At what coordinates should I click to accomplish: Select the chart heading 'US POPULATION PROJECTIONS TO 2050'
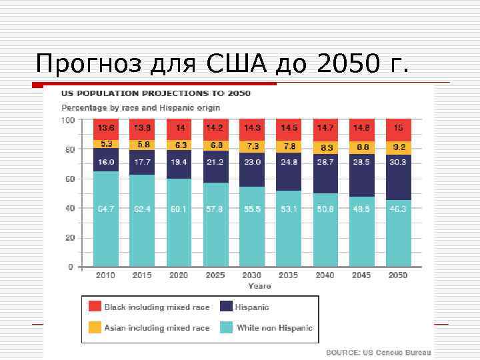pyautogui.click(x=156, y=93)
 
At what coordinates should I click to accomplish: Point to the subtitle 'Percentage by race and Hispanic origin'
pyautogui.click(x=141, y=107)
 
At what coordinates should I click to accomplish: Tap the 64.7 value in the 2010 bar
pyautogui.click(x=105, y=209)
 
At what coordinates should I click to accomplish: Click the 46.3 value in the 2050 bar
pyautogui.click(x=398, y=209)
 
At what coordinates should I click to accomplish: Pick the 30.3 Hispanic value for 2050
pyautogui.click(x=398, y=162)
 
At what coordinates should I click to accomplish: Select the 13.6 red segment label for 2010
pyautogui.click(x=105, y=127)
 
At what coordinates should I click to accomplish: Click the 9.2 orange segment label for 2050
pyautogui.click(x=398, y=147)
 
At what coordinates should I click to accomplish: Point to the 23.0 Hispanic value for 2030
pyautogui.click(x=252, y=162)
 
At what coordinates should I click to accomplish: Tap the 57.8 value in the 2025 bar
pyautogui.click(x=215, y=209)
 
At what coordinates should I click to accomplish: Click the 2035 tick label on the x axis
pyautogui.click(x=289, y=275)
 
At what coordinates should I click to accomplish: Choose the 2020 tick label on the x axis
pyautogui.click(x=179, y=275)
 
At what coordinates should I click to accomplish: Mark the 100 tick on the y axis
pyautogui.click(x=67, y=121)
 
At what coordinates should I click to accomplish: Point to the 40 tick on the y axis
pyautogui.click(x=69, y=208)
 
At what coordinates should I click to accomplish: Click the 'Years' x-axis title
pyautogui.click(x=259, y=286)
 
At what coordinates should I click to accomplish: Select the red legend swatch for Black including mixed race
pyautogui.click(x=95, y=307)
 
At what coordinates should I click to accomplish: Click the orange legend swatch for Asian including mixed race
pyautogui.click(x=95, y=327)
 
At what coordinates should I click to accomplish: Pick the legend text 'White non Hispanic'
pyautogui.click(x=274, y=328)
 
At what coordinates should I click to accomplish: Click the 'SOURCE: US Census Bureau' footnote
pyautogui.click(x=378, y=353)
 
